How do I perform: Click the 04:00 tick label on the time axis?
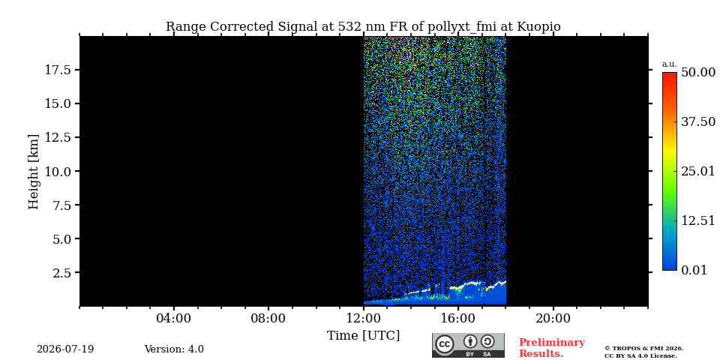pyautogui.click(x=174, y=318)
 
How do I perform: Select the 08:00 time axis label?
pyautogui.click(x=268, y=318)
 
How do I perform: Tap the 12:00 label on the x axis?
pyautogui.click(x=364, y=318)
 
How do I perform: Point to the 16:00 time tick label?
pyautogui.click(x=458, y=318)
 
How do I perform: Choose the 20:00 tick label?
pyautogui.click(x=553, y=318)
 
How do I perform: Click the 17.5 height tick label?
pyautogui.click(x=57, y=70)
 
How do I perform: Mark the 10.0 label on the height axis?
pyautogui.click(x=57, y=171)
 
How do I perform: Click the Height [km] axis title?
pyautogui.click(x=34, y=172)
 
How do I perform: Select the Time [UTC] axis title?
pyautogui.click(x=363, y=336)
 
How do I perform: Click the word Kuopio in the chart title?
pyautogui.click(x=539, y=27)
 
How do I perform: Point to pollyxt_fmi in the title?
pyautogui.click(x=463, y=27)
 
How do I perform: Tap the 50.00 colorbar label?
pyautogui.click(x=698, y=73)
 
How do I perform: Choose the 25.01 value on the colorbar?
pyautogui.click(x=698, y=172)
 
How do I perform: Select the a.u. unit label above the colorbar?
pyautogui.click(x=670, y=64)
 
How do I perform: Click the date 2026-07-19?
pyautogui.click(x=65, y=349)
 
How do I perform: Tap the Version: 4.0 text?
pyautogui.click(x=174, y=349)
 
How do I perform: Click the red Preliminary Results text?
pyautogui.click(x=552, y=348)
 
